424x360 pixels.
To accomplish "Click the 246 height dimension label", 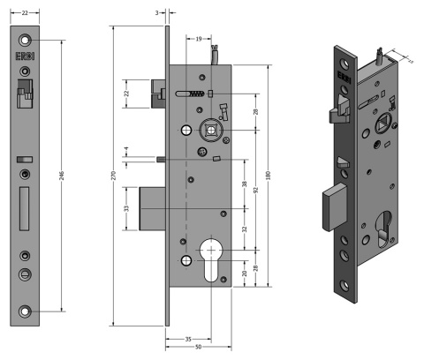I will click(x=61, y=176).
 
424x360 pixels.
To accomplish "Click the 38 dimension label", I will click(x=245, y=186).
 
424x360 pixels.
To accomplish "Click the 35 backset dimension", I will click(x=187, y=338).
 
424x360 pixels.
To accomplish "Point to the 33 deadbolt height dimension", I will click(x=125, y=209).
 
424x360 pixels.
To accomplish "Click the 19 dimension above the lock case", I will click(x=199, y=39).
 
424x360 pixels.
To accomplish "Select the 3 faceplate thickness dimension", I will click(x=156, y=13).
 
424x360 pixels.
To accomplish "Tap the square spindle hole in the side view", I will click(x=213, y=128).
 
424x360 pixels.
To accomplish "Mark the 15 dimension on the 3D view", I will click(x=411, y=59).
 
